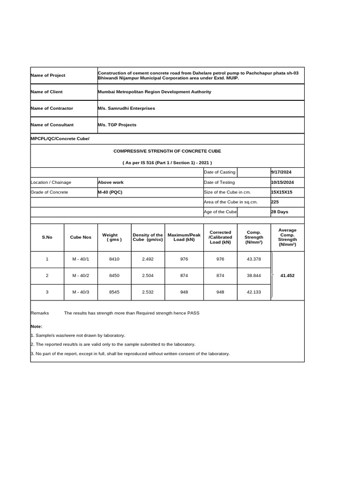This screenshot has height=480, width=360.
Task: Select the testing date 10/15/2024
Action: tap(283, 182)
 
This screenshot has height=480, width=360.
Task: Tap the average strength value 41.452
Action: tap(287, 276)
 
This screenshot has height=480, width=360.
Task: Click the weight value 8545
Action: tap(114, 292)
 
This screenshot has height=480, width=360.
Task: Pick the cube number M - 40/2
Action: tap(81, 276)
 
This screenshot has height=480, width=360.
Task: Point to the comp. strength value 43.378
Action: tap(254, 259)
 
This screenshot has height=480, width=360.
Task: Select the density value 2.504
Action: tap(148, 276)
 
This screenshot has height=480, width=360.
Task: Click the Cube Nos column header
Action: tap(81, 237)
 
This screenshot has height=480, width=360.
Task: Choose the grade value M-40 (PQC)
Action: tap(110, 192)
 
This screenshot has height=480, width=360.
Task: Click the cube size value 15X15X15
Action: tap(281, 192)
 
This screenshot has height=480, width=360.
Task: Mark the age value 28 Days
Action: tap(279, 212)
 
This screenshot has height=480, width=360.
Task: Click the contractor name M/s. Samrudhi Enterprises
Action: tap(126, 108)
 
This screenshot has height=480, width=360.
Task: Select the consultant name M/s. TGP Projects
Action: tap(117, 125)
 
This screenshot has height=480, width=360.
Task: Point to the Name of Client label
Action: tap(46, 92)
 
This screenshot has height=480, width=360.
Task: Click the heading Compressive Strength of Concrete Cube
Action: tap(167, 151)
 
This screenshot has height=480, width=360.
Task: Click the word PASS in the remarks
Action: tap(193, 313)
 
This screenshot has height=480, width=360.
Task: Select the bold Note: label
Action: tap(37, 326)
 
